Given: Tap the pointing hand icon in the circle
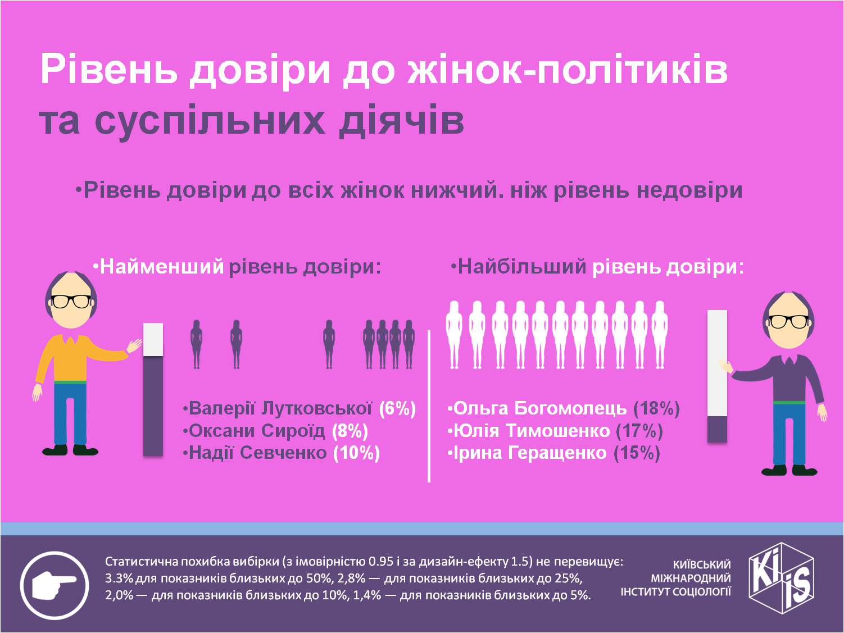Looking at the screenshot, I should (x=55, y=585).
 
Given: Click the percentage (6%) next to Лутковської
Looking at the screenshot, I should (x=398, y=409).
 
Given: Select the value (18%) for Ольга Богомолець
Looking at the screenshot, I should (x=656, y=409).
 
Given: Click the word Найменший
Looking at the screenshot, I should (x=162, y=266).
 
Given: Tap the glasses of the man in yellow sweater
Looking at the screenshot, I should (x=71, y=302).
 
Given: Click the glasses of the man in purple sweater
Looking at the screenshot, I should (x=788, y=321).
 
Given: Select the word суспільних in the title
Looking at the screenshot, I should (x=210, y=120).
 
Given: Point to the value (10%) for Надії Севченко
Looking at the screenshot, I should (x=356, y=453).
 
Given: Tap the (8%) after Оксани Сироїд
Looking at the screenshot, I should (x=350, y=431).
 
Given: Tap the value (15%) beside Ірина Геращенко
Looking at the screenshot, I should (x=637, y=453).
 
